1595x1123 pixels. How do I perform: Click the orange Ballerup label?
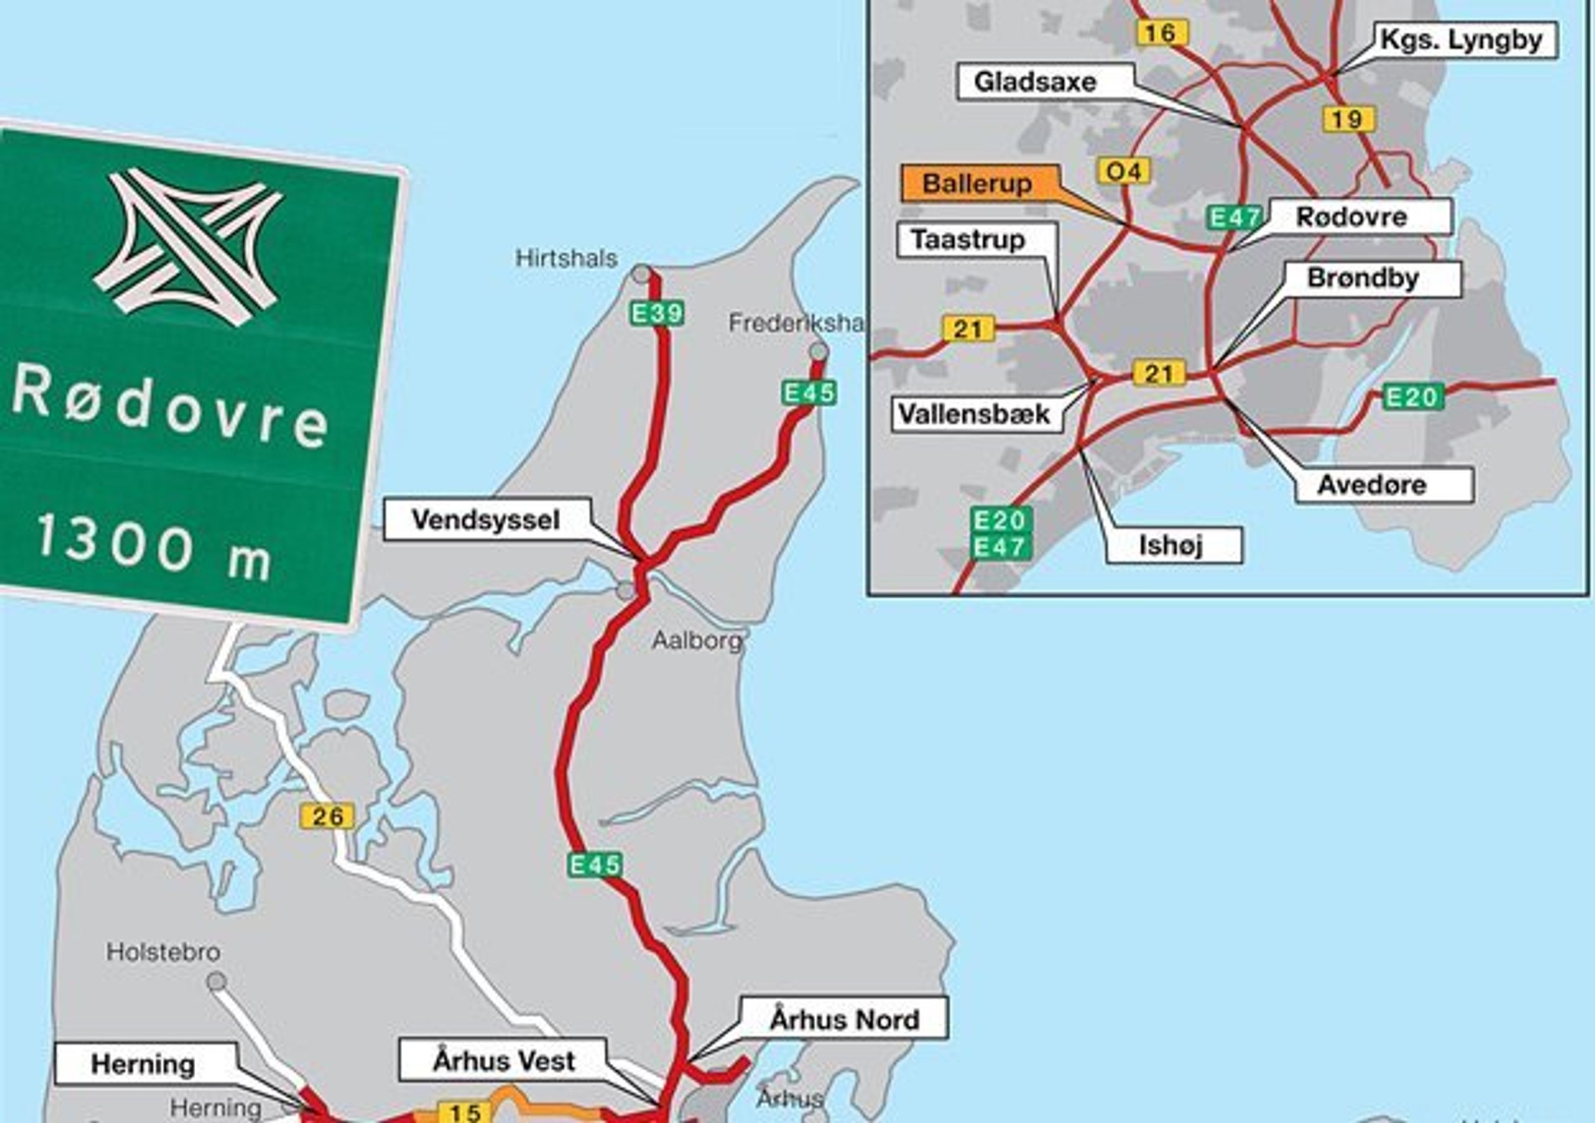pos(977,184)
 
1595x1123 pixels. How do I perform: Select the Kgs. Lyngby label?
pos(1460,40)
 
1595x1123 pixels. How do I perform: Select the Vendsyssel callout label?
pos(486,520)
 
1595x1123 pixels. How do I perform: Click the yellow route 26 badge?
pos(327,816)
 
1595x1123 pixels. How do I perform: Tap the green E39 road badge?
pos(657,314)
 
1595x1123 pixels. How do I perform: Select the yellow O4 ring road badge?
pos(1123,171)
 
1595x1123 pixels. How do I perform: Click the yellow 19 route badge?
pos(1348,120)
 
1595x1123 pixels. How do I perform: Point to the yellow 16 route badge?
pos(1161,33)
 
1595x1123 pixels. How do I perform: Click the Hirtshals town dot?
pos(641,274)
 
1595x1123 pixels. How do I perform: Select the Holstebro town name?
pos(163,951)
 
